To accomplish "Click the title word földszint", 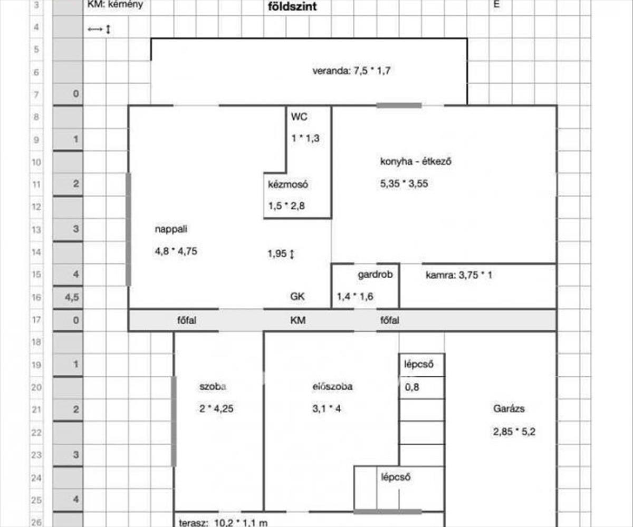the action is [292, 6].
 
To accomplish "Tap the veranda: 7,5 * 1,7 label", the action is [351, 72].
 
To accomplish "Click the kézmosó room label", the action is [288, 185].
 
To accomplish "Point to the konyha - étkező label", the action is [416, 162].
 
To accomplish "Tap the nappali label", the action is [171, 229].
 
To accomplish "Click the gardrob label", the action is [375, 274].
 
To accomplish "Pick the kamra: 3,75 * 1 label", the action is [459, 275].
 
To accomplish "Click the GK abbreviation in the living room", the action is [297, 297].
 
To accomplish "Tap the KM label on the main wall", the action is [298, 320].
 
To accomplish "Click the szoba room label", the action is [213, 386].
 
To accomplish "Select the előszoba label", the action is [332, 386].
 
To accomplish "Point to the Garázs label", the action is [509, 408].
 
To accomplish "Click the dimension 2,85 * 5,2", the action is [515, 432].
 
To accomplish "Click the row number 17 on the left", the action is [37, 320].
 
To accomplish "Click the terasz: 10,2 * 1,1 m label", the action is [224, 522].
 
